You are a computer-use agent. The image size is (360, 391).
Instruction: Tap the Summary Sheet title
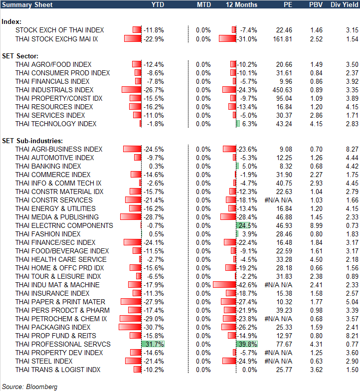(x=23, y=4)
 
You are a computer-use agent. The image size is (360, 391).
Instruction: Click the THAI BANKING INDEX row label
(x=48, y=166)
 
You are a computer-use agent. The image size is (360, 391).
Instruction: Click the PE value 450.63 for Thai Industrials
(x=282, y=90)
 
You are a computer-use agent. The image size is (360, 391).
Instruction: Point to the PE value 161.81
(x=282, y=38)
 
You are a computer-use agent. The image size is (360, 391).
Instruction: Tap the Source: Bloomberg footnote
(x=29, y=387)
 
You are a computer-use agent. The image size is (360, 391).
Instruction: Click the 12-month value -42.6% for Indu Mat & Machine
(x=247, y=285)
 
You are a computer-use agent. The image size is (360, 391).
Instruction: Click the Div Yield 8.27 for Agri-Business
(x=352, y=149)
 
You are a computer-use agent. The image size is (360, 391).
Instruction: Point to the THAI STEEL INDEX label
(x=44, y=361)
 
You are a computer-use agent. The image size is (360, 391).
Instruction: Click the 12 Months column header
(x=242, y=4)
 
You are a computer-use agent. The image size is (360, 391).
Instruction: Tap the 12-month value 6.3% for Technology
(x=249, y=124)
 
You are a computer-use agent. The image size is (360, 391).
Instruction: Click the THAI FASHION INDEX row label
(x=48, y=234)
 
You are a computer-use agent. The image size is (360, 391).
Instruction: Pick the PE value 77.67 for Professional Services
(x=284, y=344)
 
